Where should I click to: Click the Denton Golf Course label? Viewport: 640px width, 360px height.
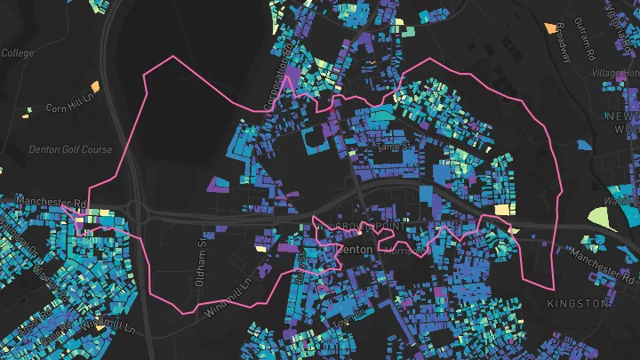point(71,149)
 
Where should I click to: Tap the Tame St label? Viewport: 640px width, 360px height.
point(395,146)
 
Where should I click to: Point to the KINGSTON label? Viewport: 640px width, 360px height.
point(578,303)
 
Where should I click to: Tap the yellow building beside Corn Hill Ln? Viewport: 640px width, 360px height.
point(28,111)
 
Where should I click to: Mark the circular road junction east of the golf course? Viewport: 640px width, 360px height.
point(137,212)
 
